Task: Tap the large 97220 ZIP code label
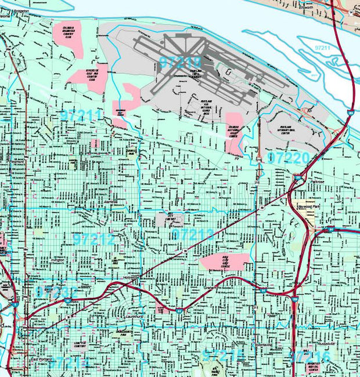click(x=288, y=157)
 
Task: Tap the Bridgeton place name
click(x=18, y=11)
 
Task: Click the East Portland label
click(x=41, y=359)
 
